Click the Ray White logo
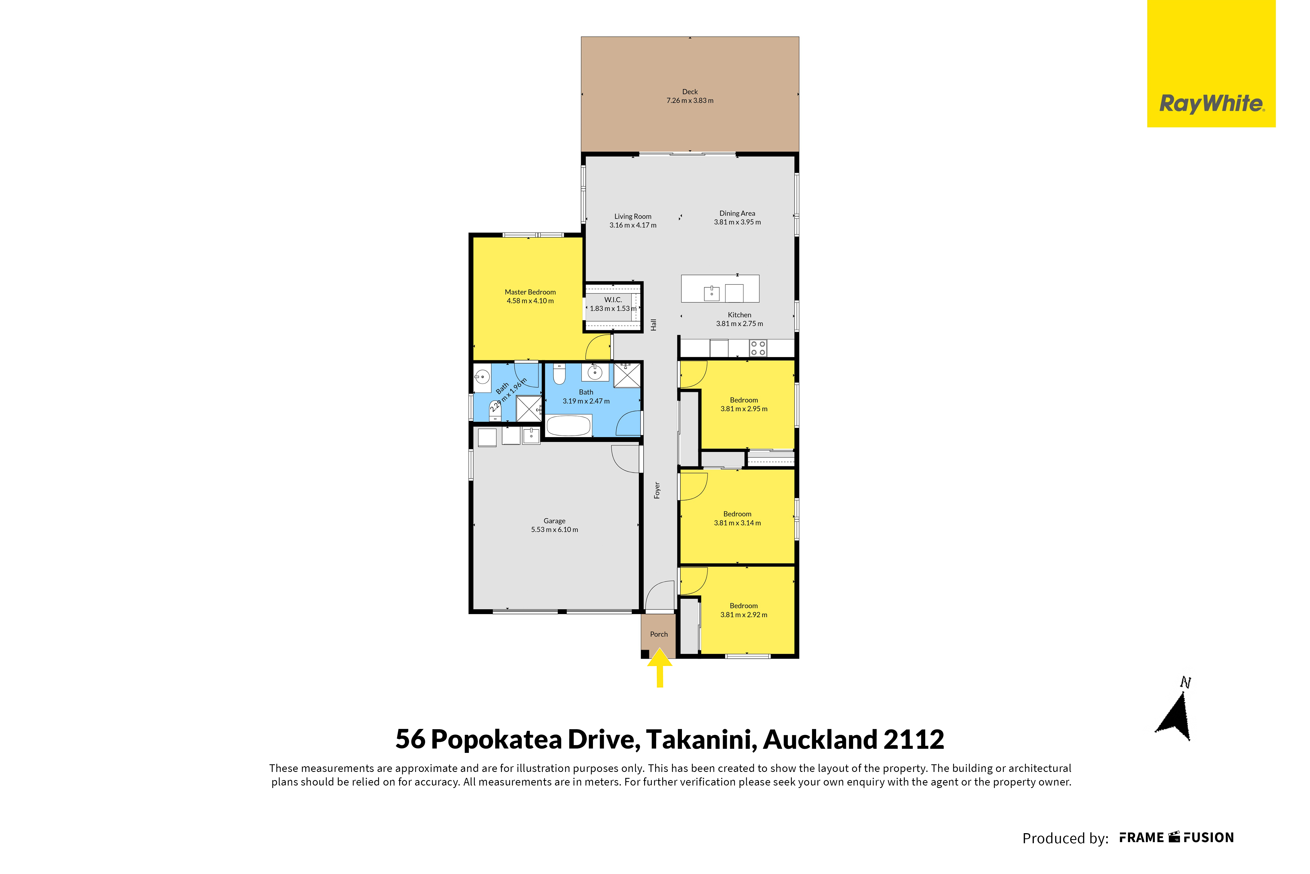pos(1211,63)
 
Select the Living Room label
pos(632,216)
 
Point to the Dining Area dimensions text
pos(737,222)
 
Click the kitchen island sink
pos(712,293)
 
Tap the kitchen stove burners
pos(758,348)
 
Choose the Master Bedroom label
pos(530,292)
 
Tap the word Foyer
pos(657,490)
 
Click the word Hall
pos(654,325)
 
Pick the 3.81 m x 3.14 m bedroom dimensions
pos(737,523)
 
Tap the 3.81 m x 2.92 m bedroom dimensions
pos(744,615)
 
